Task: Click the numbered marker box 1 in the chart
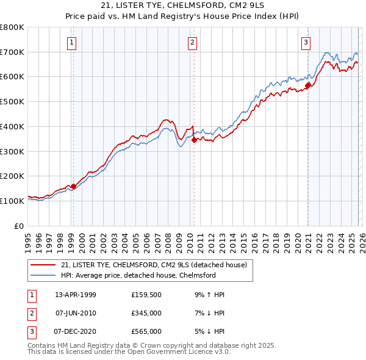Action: click(x=72, y=42)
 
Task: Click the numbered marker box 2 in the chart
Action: click(x=192, y=42)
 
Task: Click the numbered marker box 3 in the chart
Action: click(x=306, y=42)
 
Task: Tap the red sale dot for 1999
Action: click(x=73, y=186)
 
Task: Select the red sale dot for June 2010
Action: click(x=194, y=140)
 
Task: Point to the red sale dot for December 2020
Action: click(x=308, y=85)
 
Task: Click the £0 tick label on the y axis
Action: click(x=18, y=226)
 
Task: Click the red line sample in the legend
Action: click(x=43, y=265)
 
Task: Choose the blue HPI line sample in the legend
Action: click(x=43, y=275)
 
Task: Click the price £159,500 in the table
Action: click(x=146, y=294)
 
